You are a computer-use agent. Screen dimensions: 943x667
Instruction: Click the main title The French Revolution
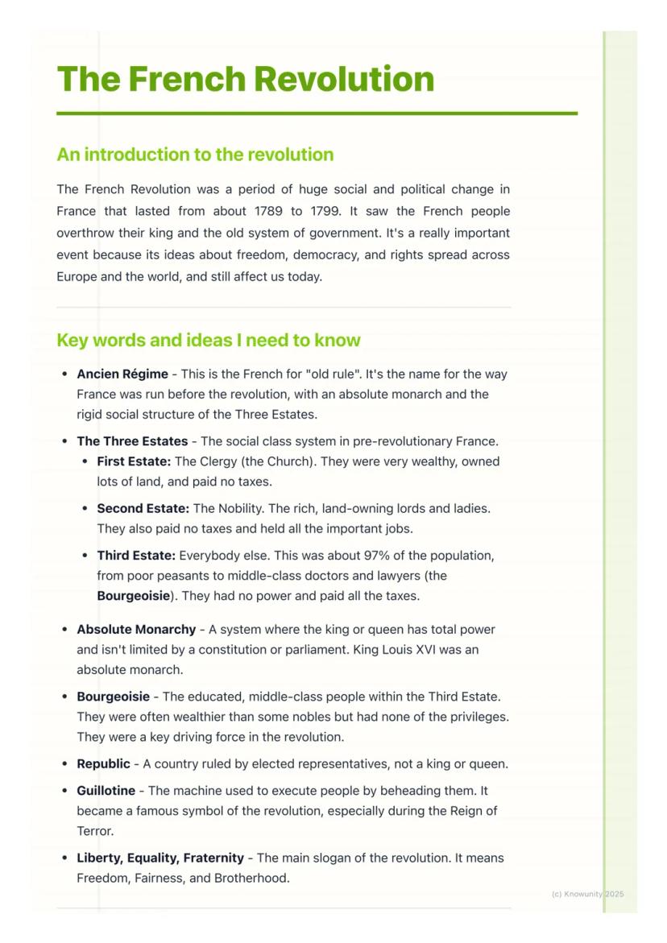point(246,79)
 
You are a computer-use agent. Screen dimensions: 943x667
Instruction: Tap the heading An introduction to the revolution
point(195,155)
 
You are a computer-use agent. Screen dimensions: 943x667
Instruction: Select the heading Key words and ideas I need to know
point(209,340)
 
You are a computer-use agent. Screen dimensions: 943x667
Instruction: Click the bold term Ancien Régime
point(122,374)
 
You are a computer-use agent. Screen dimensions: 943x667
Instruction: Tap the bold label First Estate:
point(134,462)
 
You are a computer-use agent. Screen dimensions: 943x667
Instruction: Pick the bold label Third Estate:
point(136,556)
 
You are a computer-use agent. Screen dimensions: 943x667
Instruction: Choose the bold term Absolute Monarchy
point(136,630)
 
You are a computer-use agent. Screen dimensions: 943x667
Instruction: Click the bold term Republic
point(103,764)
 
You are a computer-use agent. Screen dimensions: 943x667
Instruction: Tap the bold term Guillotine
point(106,792)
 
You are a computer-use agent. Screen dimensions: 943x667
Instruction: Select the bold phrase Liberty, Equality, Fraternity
point(160,858)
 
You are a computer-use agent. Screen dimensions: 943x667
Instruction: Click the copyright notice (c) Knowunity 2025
point(588,894)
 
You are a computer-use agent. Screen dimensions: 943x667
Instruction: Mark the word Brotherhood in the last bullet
point(251,879)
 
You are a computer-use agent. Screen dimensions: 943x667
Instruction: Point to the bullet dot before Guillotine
point(64,792)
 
